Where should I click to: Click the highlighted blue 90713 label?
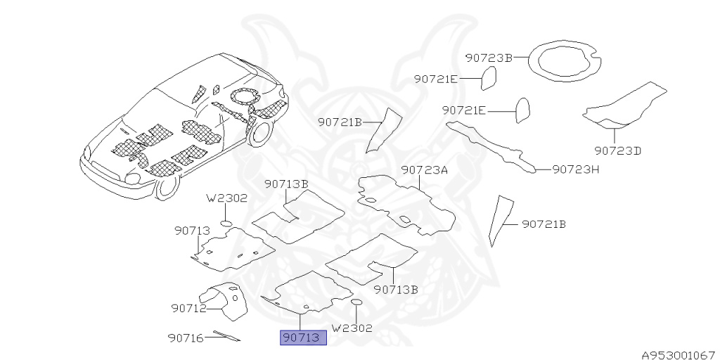(303, 338)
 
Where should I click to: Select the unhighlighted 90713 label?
(192, 231)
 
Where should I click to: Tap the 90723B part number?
(489, 58)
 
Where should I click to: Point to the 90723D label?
(617, 150)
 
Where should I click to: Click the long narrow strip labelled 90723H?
(492, 144)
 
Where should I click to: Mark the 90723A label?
(425, 170)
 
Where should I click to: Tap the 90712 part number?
(188, 308)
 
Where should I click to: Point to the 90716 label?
(186, 338)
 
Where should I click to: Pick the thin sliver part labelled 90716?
(226, 336)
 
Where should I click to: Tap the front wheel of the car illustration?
(167, 187)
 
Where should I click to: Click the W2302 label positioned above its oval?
(226, 198)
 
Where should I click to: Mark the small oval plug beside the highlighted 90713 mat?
(356, 302)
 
